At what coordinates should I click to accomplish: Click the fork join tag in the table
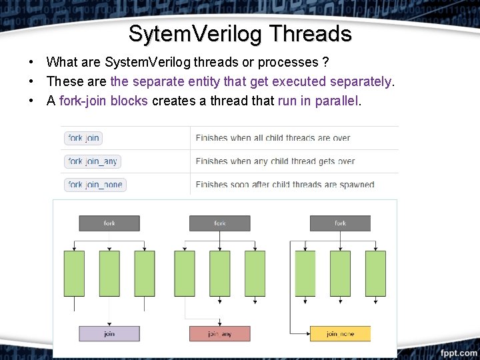(83, 138)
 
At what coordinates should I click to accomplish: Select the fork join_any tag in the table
(93, 161)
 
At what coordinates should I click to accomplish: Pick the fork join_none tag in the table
(95, 185)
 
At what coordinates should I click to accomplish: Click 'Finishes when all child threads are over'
(273, 138)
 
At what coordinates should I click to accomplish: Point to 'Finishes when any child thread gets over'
(275, 161)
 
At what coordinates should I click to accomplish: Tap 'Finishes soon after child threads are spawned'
(285, 185)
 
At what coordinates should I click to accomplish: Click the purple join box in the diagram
(109, 333)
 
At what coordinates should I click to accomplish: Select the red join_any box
(219, 333)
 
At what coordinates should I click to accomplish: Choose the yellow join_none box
(340, 333)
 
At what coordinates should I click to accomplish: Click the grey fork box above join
(109, 223)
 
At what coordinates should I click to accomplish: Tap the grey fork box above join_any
(219, 223)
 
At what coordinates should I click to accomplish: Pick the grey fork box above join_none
(340, 223)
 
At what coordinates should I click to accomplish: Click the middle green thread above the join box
(109, 273)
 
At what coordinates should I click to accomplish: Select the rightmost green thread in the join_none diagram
(375, 273)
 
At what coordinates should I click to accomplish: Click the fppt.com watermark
(458, 352)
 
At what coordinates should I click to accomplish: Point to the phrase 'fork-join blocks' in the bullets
(103, 101)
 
